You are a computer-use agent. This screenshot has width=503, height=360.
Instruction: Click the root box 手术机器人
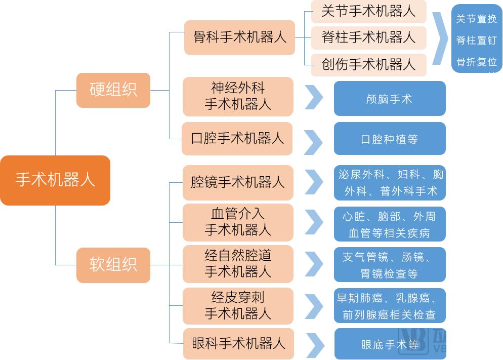tap(55, 180)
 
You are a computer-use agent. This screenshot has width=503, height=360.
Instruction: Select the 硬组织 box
tap(113, 90)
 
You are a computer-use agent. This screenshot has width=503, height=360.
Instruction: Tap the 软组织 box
tap(113, 265)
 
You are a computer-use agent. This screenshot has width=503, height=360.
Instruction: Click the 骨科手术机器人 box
tap(239, 37)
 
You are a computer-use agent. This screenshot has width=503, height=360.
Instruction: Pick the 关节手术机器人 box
tap(368, 12)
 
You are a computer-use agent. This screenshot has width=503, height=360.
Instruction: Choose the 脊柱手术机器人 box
tap(368, 38)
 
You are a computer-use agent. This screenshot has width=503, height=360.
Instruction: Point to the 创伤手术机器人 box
tap(368, 64)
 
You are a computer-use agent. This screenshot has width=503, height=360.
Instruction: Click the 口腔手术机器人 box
tap(237, 139)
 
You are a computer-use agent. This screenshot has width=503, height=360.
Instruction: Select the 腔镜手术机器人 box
tap(237, 182)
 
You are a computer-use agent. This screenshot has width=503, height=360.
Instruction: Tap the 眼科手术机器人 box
tap(238, 344)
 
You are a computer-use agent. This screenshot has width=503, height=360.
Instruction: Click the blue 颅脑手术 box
tap(389, 99)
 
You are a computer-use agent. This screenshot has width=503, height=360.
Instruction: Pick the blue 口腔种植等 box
tap(389, 139)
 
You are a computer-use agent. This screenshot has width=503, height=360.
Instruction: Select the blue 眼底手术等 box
tap(390, 345)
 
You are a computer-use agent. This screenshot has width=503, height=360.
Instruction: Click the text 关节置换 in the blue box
tap(476, 19)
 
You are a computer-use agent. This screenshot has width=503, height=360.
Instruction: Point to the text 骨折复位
tap(476, 62)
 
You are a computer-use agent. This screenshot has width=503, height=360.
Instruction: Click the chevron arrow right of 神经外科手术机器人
tap(313, 97)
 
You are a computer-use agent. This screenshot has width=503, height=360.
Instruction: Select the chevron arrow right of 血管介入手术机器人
tap(313, 223)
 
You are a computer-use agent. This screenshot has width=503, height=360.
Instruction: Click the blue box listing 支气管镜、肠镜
tap(389, 265)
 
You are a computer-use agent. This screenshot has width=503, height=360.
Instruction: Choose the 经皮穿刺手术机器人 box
tap(238, 306)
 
